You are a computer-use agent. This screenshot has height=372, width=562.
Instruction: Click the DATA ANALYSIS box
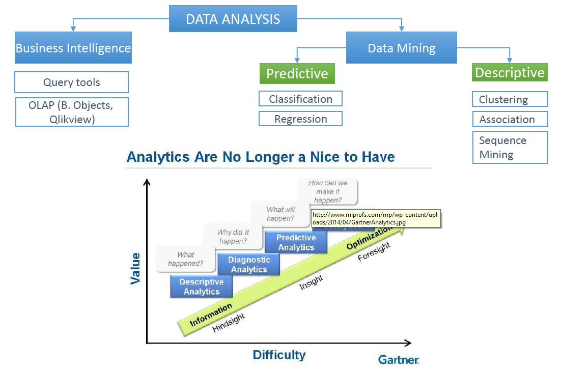point(233,19)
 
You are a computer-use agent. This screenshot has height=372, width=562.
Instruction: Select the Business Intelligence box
point(73,48)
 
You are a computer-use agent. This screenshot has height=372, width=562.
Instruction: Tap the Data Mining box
point(402,48)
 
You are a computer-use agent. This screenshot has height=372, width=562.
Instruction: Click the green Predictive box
point(297,73)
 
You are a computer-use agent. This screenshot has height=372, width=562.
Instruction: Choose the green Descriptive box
point(510,72)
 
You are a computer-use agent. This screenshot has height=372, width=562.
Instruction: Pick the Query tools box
point(71,82)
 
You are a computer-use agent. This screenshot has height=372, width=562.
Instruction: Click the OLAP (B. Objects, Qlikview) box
point(72,112)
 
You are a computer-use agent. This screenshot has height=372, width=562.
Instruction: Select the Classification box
point(300,99)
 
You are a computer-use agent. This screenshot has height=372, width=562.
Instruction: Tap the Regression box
point(300,119)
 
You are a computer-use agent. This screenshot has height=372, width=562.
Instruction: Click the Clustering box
point(510,99)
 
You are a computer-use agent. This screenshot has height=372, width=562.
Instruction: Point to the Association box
point(510,119)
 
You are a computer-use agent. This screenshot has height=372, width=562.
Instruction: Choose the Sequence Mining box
point(510,147)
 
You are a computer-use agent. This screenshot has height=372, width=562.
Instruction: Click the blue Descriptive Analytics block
point(202,287)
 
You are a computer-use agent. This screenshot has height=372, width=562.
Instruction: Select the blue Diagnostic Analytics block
point(249,264)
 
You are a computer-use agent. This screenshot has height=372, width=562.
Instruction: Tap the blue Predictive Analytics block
point(296,242)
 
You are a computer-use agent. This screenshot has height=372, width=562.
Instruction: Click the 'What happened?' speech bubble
point(186,259)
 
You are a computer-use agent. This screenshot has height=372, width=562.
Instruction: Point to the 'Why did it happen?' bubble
point(233,237)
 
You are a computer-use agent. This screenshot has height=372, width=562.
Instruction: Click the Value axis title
point(135,268)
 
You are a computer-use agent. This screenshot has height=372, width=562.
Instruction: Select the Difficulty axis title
point(279,355)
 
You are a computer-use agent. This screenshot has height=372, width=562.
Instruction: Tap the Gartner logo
point(399,360)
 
